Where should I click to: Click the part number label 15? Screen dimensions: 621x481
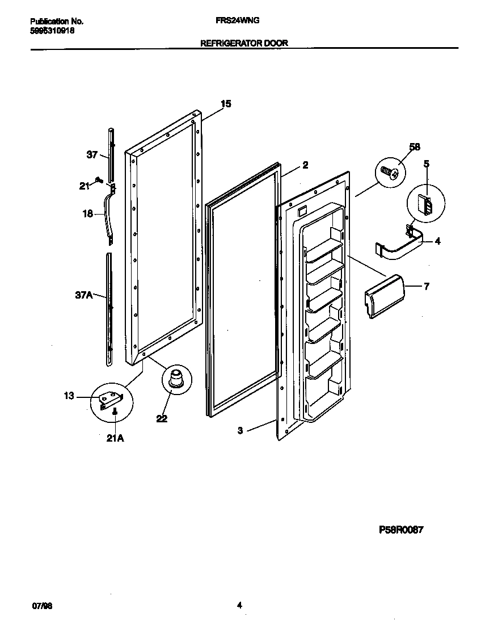click(226, 103)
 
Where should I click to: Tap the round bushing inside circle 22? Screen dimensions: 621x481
click(175, 377)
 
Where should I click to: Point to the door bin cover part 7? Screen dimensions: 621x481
click(383, 295)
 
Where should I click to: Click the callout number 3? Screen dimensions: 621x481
click(241, 431)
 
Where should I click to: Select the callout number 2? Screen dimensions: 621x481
click(305, 165)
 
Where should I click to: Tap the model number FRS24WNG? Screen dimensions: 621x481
click(238, 20)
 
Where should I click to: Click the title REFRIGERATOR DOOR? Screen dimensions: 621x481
click(244, 43)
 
